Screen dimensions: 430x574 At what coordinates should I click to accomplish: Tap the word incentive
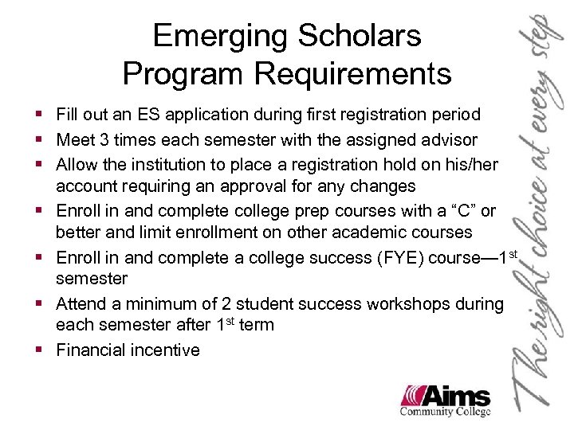(x=167, y=350)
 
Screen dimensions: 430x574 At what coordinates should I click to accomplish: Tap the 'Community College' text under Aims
(x=446, y=412)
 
